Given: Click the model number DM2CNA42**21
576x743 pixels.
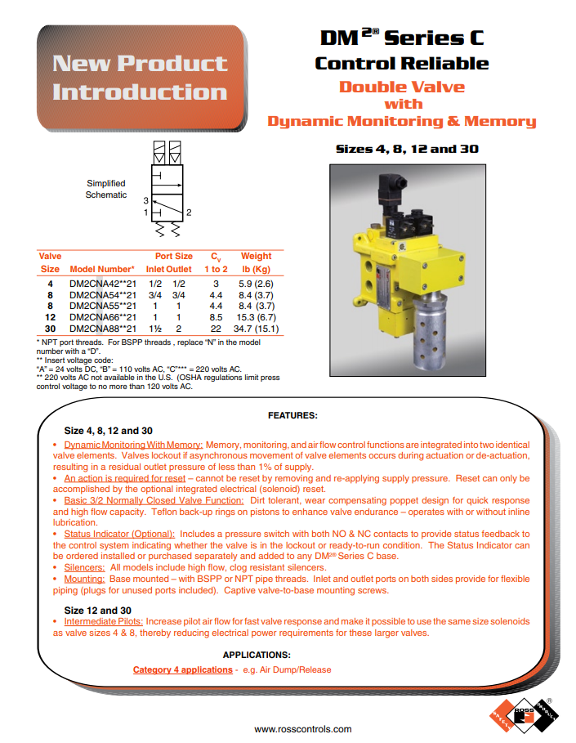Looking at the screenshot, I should (x=102, y=283).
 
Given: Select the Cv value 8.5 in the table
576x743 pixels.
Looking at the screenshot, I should (x=216, y=317).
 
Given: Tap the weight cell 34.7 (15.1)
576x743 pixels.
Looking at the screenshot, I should (x=257, y=329).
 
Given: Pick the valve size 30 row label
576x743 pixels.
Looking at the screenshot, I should (x=50, y=329).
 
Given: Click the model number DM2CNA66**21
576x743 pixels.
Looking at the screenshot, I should (x=102, y=317).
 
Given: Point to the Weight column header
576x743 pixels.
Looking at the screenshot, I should (x=257, y=256).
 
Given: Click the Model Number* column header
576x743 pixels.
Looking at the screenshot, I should (x=102, y=269).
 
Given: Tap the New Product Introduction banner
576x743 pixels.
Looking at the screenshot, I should (x=140, y=78).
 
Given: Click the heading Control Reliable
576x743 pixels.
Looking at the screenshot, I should (x=401, y=64).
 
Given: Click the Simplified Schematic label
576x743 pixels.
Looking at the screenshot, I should (x=106, y=189).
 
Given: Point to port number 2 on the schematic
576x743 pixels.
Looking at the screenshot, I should (x=189, y=213).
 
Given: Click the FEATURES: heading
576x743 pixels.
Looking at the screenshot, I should (x=292, y=415).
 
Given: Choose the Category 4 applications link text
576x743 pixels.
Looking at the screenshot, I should (x=183, y=670).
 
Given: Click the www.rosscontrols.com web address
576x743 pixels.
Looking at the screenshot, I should (x=303, y=729).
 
